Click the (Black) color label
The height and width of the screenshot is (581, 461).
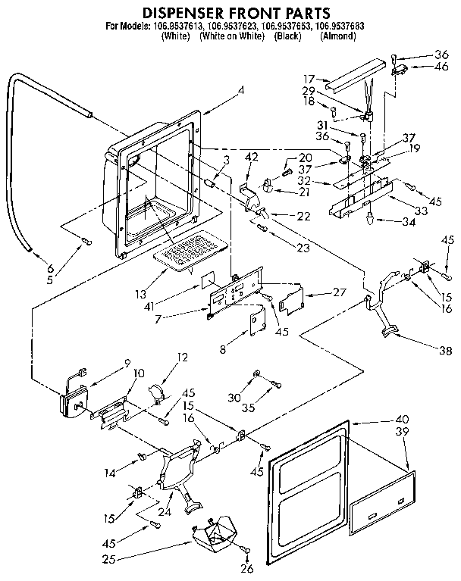(287, 36)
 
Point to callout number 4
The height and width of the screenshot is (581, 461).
(240, 90)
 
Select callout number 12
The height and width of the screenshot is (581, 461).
(182, 358)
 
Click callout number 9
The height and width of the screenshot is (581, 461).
(106, 361)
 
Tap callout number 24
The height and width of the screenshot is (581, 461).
(182, 499)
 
